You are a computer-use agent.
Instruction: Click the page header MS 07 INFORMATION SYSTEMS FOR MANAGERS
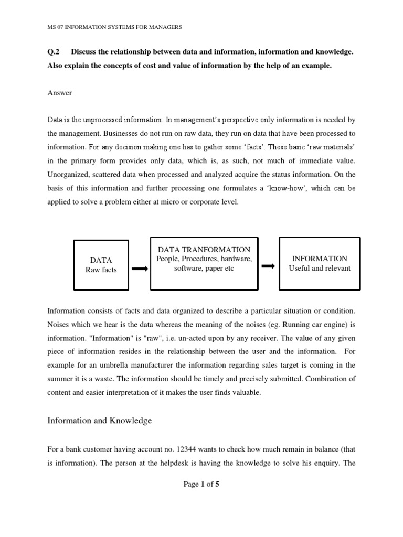point(114,27)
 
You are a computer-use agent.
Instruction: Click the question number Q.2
point(54,52)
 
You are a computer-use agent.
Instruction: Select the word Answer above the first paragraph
point(60,93)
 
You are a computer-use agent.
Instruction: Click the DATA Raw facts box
point(101,265)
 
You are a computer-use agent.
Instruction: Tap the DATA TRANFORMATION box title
point(204,250)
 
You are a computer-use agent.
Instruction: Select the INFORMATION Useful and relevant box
point(319,263)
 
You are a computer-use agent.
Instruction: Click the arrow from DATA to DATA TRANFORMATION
point(139,269)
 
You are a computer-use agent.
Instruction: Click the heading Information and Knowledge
point(99,420)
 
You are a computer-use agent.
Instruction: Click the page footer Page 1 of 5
point(201,484)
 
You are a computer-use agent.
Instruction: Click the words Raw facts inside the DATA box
point(101,270)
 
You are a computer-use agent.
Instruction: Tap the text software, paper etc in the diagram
point(204,268)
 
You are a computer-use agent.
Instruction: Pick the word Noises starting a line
point(59,324)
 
